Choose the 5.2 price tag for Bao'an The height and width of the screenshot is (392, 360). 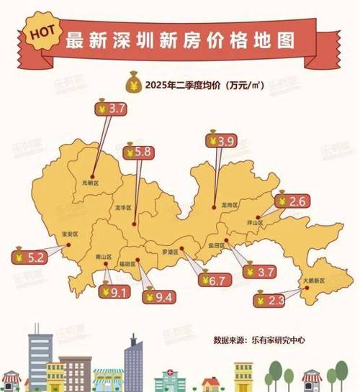click(x=27, y=255)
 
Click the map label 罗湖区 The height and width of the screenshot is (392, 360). click(x=170, y=252)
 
